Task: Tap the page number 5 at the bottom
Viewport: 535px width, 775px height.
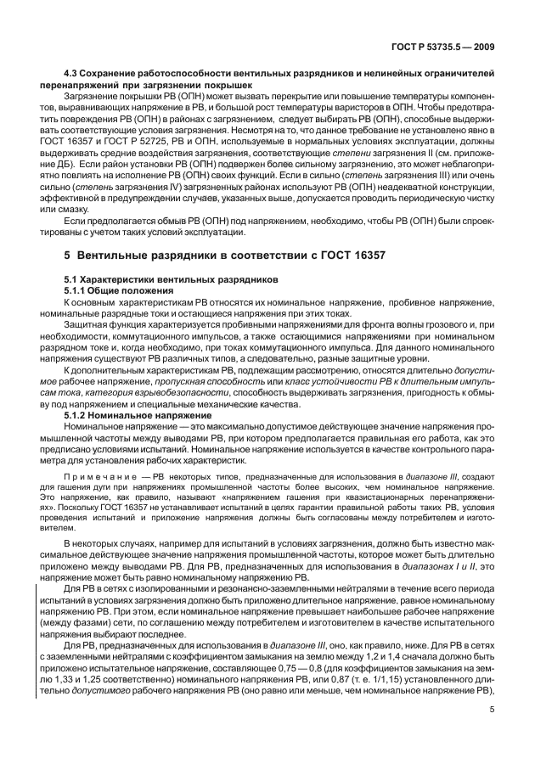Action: (x=492, y=735)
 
